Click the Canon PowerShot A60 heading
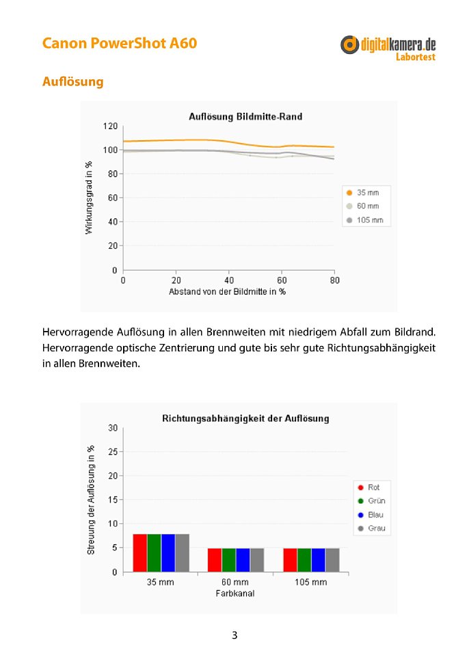click(120, 43)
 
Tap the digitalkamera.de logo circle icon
click(349, 44)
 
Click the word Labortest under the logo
click(416, 57)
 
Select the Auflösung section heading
click(72, 81)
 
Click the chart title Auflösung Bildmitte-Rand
click(245, 116)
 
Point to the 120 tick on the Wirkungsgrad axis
click(110, 126)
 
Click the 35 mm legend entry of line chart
click(363, 192)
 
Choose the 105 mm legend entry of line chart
click(365, 220)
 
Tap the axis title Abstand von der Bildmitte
click(227, 292)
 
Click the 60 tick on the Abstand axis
click(282, 280)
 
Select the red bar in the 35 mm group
click(139, 553)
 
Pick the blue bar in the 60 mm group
click(243, 560)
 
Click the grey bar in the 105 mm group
click(333, 560)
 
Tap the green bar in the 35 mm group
click(155, 553)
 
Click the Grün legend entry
click(372, 501)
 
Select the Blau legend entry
click(371, 515)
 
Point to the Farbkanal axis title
click(235, 594)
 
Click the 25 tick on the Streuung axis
click(113, 452)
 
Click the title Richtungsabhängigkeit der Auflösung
click(245, 418)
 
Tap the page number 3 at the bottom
click(234, 635)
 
